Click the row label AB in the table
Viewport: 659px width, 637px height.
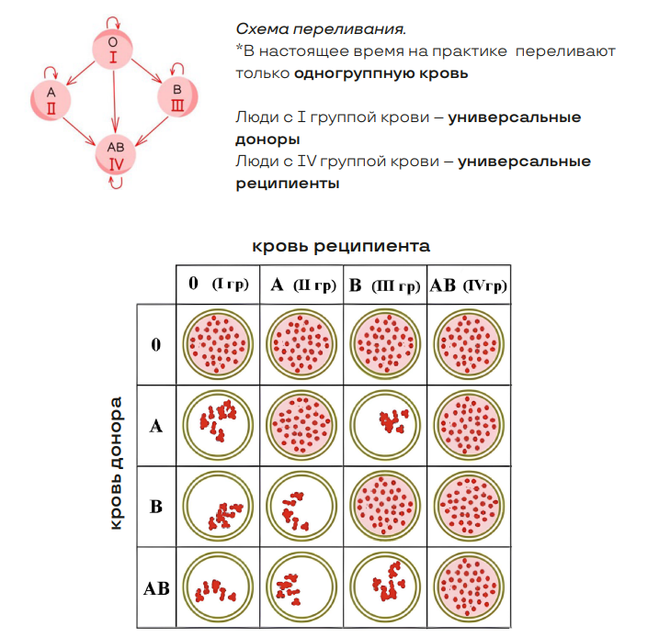(x=156, y=588)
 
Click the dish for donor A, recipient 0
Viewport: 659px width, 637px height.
(x=218, y=425)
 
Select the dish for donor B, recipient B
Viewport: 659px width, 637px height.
(x=384, y=506)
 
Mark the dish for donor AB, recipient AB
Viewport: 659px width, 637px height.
(x=469, y=587)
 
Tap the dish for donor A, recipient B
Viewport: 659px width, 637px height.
(x=384, y=425)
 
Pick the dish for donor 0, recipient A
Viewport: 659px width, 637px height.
(x=301, y=344)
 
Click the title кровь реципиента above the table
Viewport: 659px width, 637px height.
(x=341, y=246)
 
